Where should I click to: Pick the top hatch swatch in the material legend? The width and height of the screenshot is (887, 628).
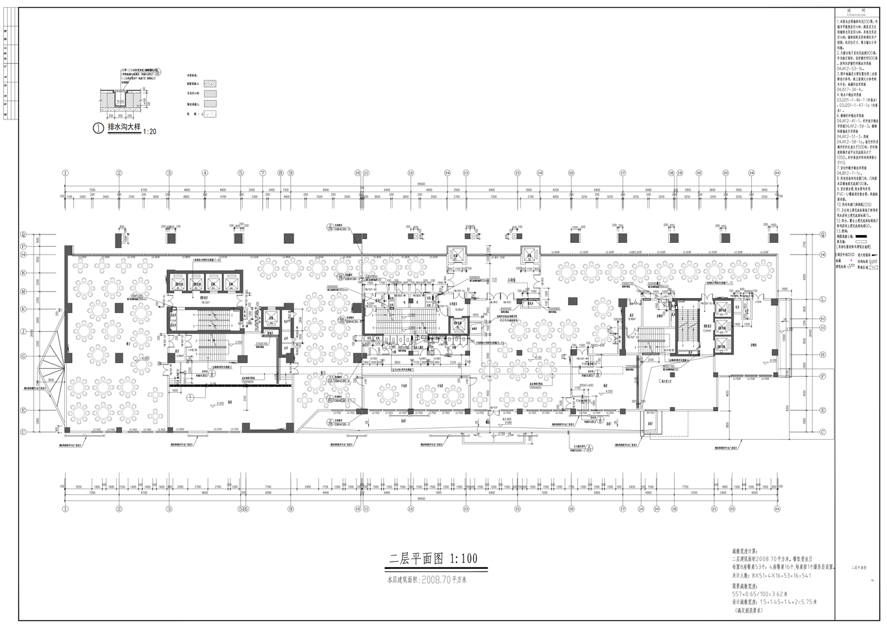(210, 84)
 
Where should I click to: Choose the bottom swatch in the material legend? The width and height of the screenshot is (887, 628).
(210, 114)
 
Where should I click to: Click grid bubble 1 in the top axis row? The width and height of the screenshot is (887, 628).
(65, 173)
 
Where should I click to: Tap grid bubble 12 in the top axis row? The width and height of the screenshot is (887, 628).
(410, 173)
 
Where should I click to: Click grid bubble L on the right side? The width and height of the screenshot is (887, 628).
(822, 299)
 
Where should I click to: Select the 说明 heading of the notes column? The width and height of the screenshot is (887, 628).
(860, 10)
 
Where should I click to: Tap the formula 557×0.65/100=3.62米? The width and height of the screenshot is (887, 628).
(760, 593)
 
